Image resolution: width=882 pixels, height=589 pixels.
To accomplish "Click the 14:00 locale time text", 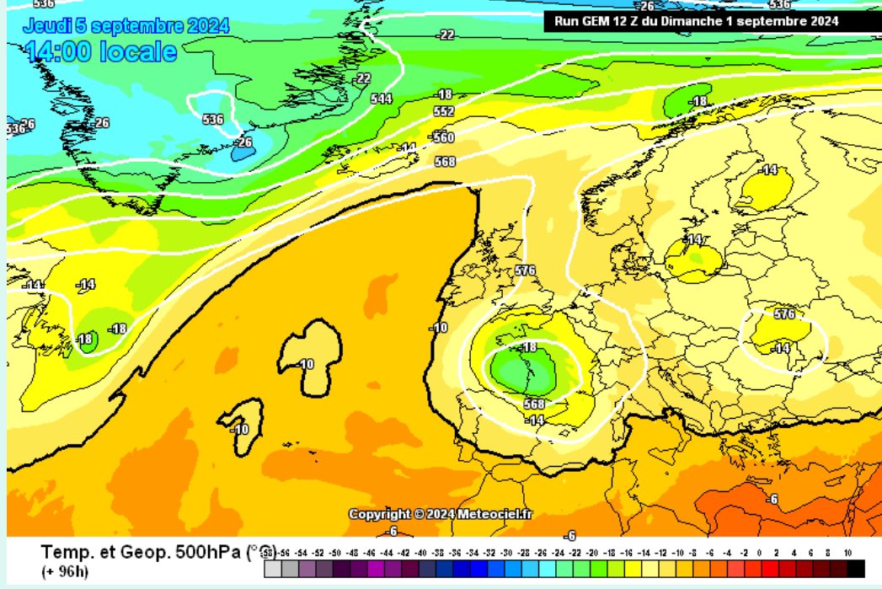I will [x=101, y=52].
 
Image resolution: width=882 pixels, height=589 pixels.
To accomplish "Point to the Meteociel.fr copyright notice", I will [x=441, y=514].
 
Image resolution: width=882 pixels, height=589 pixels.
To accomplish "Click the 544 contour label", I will [x=382, y=99].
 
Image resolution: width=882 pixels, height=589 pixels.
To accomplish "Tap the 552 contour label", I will [x=444, y=111].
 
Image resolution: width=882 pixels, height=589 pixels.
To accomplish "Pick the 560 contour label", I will [x=443, y=137].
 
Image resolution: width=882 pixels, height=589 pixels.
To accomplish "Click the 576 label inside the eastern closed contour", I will [x=783, y=314].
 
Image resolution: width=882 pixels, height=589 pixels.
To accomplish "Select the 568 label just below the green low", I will [x=534, y=404].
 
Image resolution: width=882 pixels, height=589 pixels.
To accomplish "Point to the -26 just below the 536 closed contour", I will [x=243, y=142].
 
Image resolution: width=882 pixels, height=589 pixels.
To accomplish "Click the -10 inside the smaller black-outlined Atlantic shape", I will [x=241, y=429].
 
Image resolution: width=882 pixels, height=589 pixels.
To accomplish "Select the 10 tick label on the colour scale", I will [x=847, y=553].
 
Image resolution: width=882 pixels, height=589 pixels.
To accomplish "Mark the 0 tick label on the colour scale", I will [x=761, y=553].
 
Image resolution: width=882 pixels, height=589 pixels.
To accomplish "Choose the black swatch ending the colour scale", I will [x=855, y=569].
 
